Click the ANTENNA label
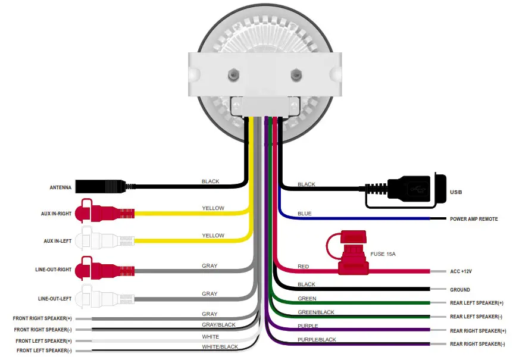[60, 188]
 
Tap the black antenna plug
[101, 187]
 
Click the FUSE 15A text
[383, 254]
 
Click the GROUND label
[459, 290]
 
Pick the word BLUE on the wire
[304, 214]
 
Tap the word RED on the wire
[303, 266]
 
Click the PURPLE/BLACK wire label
[317, 340]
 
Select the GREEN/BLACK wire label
[315, 312]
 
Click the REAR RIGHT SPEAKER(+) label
[478, 330]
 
